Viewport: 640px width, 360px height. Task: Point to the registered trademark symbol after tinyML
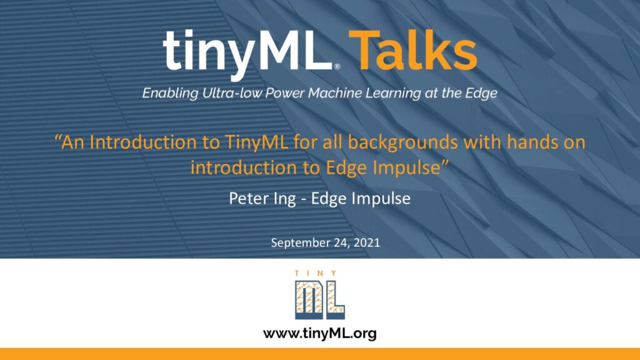point(337,66)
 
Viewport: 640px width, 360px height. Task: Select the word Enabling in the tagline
point(170,94)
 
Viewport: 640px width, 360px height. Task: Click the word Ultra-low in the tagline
point(232,93)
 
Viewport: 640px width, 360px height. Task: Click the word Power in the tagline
point(285,93)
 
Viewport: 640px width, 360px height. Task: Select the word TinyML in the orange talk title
point(256,142)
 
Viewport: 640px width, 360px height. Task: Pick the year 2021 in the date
point(367,242)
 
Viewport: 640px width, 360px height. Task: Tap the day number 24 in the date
point(342,243)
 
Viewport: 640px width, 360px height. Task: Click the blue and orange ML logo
point(320,299)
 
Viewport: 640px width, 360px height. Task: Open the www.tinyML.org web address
point(320,334)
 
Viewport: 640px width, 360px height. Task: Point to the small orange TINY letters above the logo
point(316,274)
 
